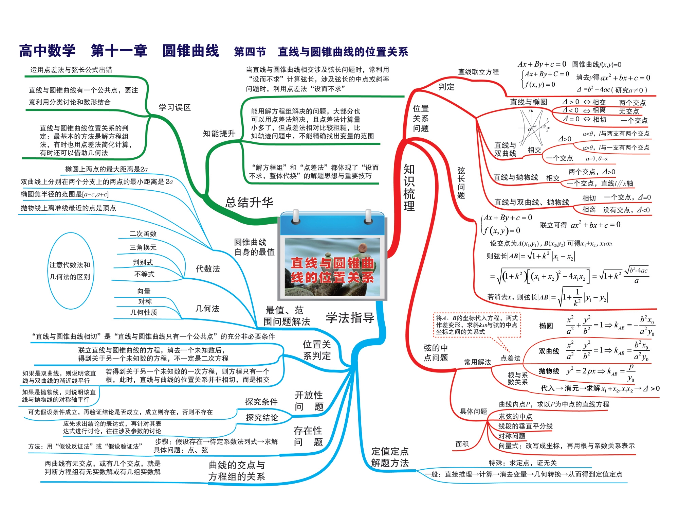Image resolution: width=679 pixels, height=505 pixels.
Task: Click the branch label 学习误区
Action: [x=175, y=108]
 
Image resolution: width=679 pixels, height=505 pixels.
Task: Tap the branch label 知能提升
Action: [x=219, y=134]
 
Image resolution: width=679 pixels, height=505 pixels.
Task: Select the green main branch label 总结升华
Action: [x=249, y=203]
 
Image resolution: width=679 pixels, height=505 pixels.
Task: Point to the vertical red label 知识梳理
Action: [x=409, y=188]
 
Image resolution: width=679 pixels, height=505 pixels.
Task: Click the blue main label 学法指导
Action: [x=350, y=318]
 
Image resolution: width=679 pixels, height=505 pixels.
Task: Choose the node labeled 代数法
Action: [x=208, y=269]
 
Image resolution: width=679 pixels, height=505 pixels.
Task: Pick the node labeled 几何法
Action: [x=207, y=309]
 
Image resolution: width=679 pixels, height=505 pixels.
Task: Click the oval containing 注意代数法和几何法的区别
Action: [x=70, y=271]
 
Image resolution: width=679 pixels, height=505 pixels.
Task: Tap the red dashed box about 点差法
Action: [x=477, y=325]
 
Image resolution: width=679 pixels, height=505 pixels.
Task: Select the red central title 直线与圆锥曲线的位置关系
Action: [x=332, y=270]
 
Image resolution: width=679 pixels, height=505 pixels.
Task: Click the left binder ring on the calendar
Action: [x=296, y=216]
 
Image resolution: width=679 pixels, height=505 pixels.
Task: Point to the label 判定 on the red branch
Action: [x=446, y=87]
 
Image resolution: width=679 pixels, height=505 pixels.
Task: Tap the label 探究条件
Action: [x=261, y=402]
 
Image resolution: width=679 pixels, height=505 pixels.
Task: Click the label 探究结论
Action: [x=262, y=417]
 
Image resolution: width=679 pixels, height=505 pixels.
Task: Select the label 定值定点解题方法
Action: [x=390, y=457]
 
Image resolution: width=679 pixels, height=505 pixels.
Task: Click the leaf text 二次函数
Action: [x=143, y=234]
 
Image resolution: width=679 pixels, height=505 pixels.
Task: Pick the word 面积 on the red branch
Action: [x=462, y=444]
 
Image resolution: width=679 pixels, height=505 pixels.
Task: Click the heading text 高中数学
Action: [x=48, y=51]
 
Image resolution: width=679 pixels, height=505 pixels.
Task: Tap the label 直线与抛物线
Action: [x=515, y=177]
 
